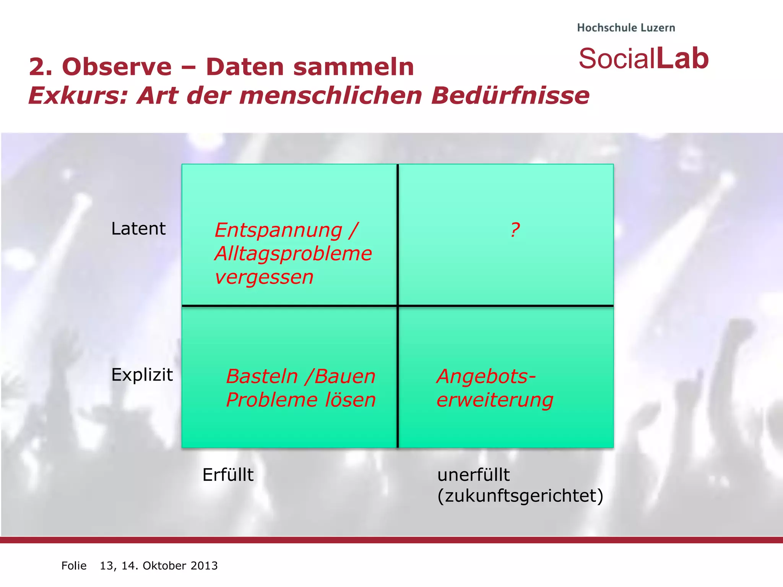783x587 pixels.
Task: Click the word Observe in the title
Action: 117,67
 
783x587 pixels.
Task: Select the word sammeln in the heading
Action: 354,67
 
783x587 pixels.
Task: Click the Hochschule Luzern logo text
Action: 626,28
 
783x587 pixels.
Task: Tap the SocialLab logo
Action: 643,58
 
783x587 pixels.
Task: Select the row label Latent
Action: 138,229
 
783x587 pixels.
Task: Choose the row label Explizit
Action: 142,375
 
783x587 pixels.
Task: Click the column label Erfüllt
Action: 228,475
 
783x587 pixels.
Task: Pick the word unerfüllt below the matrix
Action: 473,475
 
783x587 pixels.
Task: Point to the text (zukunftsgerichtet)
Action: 520,496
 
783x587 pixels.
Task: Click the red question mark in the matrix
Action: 515,230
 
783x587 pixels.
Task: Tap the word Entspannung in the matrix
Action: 278,230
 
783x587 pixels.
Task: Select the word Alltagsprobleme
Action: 293,254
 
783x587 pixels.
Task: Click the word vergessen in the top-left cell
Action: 264,277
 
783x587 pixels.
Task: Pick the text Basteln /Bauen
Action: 301,376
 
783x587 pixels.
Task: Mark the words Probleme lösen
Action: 301,400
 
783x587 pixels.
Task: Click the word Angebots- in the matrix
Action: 486,376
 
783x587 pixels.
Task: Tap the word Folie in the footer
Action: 74,566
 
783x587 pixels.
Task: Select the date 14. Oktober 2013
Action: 169,566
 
